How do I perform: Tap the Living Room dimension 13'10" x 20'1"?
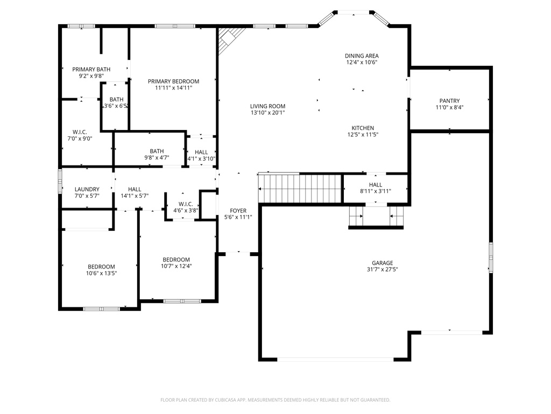click(267, 113)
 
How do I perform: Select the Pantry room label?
click(449, 101)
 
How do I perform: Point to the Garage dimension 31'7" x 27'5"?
click(382, 270)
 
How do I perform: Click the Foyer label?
click(238, 211)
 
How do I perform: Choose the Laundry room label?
click(87, 189)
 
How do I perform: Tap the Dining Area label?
click(362, 56)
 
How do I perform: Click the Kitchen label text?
click(363, 128)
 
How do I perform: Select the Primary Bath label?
click(91, 70)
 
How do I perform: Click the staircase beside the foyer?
click(300, 188)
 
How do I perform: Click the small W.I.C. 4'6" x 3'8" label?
click(186, 204)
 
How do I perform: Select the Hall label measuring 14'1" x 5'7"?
click(135, 189)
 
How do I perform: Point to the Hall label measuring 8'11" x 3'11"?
click(376, 185)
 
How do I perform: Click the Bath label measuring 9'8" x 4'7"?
click(157, 151)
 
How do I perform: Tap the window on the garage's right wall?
click(490, 257)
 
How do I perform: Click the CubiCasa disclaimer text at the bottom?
click(275, 400)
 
